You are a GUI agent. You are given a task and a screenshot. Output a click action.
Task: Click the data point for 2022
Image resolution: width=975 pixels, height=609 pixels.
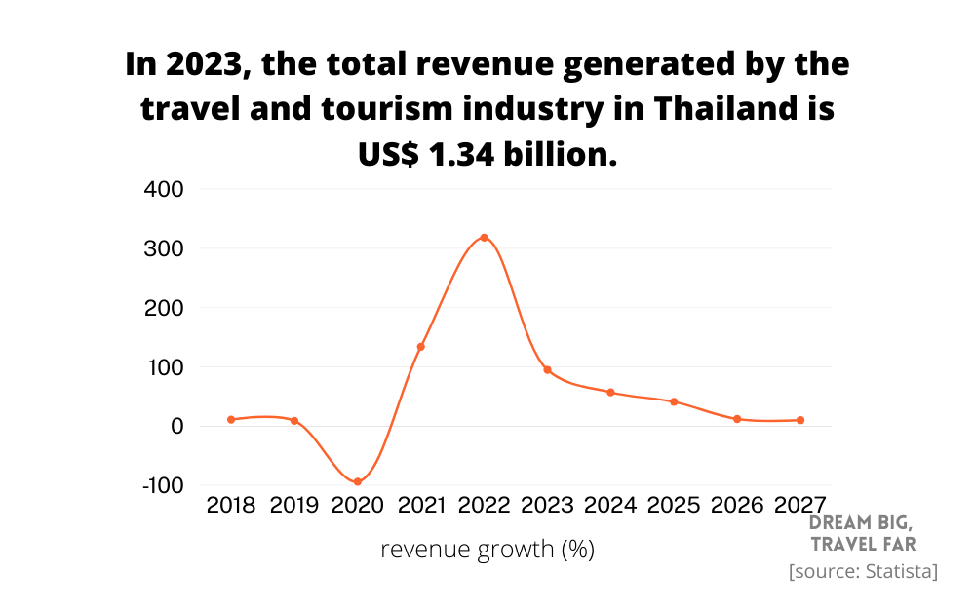pos(484,238)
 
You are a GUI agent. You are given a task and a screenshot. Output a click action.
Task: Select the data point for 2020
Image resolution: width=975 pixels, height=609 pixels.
pos(358,481)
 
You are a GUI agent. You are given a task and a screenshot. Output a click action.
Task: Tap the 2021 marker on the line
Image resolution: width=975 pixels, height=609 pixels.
pos(421,347)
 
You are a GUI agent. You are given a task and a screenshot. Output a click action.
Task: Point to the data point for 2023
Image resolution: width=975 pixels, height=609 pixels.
pos(547,370)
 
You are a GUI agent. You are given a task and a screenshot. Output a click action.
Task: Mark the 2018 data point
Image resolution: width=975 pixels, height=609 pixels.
pos(231,420)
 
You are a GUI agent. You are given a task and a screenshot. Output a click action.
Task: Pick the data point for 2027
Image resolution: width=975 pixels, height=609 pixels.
pos(800,420)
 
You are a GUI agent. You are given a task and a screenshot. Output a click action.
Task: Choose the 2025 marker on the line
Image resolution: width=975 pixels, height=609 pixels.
pos(674,401)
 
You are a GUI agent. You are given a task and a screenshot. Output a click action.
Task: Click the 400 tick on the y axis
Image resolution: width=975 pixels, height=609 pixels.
pos(164,189)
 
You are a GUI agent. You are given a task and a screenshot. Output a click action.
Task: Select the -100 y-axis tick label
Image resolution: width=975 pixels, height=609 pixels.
pos(162,485)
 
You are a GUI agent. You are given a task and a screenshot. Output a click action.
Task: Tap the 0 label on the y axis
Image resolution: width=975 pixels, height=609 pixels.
pos(176,426)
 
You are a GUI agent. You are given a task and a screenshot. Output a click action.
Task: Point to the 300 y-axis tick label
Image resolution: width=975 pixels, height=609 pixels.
pos(164,248)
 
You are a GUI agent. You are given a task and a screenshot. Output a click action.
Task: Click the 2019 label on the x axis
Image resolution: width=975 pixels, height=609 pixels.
pos(294,505)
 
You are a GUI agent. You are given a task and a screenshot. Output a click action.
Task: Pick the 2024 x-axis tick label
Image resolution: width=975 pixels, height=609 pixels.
pos(610,505)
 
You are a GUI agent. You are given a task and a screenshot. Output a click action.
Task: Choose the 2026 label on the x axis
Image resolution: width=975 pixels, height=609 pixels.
pos(737,505)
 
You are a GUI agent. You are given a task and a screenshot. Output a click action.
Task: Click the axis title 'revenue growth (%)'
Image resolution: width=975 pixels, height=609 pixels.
pos(487,550)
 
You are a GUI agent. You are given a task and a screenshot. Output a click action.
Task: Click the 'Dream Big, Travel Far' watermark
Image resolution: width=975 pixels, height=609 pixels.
pos(862,533)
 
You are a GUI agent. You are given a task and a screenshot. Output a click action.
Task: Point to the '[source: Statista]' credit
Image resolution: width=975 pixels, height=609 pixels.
pos(863,571)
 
